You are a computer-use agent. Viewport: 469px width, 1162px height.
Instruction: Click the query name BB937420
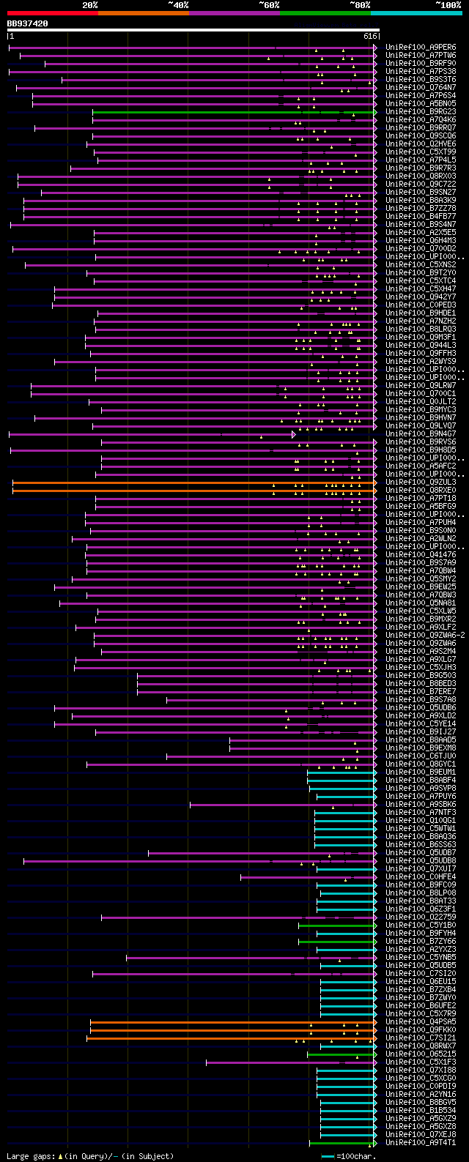click(27, 23)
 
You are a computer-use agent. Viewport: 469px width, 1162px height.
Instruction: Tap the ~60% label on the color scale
click(269, 4)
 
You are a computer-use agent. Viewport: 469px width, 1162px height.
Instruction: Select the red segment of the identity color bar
click(52, 12)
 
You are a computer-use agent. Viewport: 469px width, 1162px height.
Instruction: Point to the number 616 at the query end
click(369, 36)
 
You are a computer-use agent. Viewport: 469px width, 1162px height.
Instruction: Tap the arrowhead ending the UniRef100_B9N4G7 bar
click(294, 434)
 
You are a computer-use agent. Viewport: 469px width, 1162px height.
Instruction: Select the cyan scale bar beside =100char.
click(328, 1156)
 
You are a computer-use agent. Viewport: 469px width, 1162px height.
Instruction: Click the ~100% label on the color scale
click(448, 4)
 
